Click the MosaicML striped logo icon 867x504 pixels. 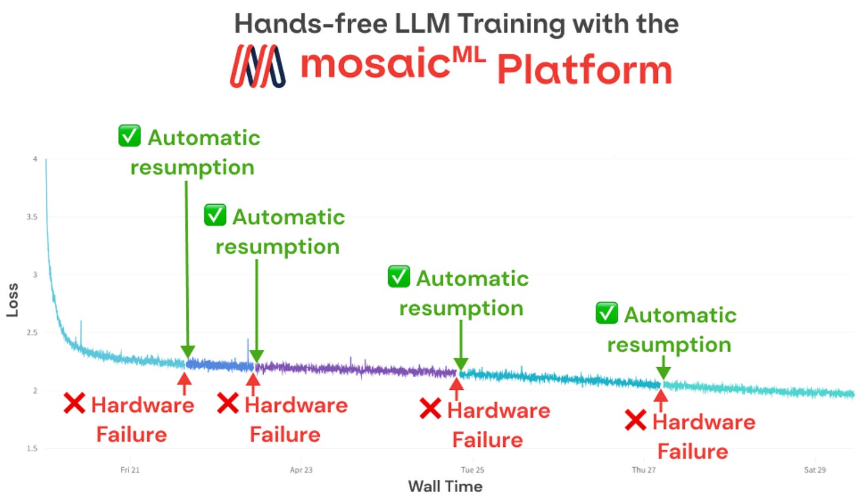pos(257,66)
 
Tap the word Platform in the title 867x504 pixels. pos(584,70)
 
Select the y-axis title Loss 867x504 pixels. pos(13,300)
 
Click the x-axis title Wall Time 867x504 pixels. pos(445,486)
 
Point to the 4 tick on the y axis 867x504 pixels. pos(35,159)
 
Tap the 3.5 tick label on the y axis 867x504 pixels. pos(32,217)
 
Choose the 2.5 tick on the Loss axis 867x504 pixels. pos(32,333)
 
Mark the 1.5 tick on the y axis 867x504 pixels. pos(32,448)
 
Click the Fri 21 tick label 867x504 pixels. pos(130,470)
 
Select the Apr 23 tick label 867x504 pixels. pos(301,470)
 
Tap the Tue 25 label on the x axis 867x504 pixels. pos(472,470)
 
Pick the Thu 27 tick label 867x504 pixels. pos(644,470)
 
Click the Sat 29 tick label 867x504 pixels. pos(815,470)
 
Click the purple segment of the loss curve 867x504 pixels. pos(357,370)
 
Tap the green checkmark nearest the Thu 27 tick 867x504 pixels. pos(607,313)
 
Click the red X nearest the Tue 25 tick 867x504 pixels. pos(430,409)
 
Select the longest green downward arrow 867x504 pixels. pos(187,268)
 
